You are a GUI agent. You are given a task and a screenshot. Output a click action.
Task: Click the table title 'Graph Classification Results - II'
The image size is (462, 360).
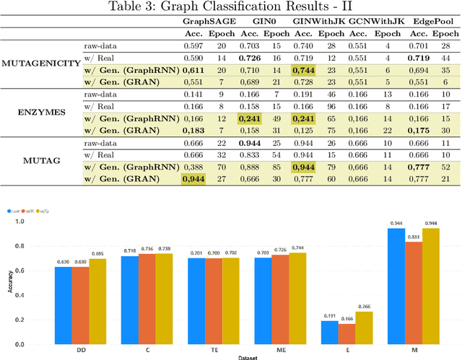click(230, 8)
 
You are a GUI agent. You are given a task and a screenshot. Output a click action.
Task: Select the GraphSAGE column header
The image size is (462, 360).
click(206, 22)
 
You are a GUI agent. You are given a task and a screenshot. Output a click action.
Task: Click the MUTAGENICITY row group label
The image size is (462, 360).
click(40, 63)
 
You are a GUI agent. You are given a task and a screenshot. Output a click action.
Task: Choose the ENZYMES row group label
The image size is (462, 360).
click(40, 113)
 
